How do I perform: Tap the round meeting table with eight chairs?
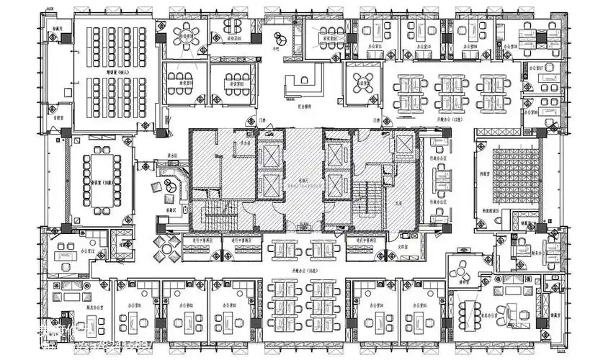[x=189, y=35]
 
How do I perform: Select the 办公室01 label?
[x=135, y=306]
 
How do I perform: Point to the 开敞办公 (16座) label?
[x=299, y=269]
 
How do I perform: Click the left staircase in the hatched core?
[x=215, y=213]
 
